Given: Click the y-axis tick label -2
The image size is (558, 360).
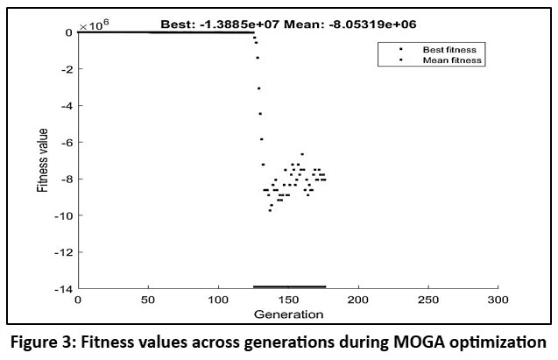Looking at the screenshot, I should tap(65, 69).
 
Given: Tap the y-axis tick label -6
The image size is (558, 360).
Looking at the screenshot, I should tap(65, 142).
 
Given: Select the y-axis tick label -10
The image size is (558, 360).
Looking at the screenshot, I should tap(62, 215).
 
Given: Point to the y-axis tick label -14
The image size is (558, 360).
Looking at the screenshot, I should tap(62, 288).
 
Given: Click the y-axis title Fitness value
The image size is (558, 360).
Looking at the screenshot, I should tap(42, 161).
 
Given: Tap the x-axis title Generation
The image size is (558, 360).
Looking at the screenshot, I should tap(287, 314).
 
